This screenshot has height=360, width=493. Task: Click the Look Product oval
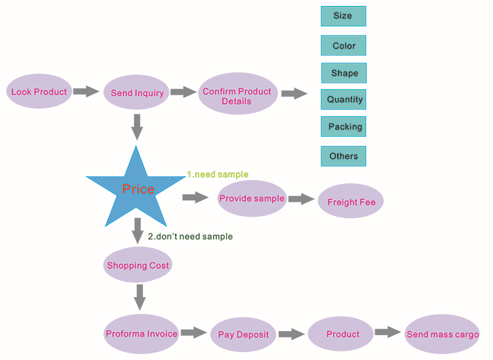pos(39,91)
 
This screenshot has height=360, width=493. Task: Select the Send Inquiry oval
pos(137,93)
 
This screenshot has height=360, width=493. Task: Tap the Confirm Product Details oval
pos(238,93)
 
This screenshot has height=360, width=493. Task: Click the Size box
pos(343,16)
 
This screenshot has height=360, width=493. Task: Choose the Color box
pos(343,45)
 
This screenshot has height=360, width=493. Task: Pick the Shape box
pos(344,73)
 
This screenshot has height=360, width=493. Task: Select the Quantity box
pos(343,100)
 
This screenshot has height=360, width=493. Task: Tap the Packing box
pos(343,127)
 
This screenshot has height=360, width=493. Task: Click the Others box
pos(343,156)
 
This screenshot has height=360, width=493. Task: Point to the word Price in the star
pos(138,189)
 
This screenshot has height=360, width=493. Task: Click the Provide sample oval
pos(252,198)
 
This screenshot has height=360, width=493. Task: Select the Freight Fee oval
pos(351,201)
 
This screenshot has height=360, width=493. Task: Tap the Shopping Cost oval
pos(138,265)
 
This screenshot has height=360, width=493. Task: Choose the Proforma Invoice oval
pos(141,334)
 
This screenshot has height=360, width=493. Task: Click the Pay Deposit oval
pos(243,334)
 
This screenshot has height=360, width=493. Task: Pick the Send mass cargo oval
pos(442,334)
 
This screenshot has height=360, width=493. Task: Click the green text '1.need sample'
pos(218,174)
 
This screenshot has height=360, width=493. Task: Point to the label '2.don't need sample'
pos(190,236)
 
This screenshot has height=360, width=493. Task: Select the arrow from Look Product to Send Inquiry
pos(86,91)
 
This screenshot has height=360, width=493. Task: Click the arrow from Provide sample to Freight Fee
pos(301,199)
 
